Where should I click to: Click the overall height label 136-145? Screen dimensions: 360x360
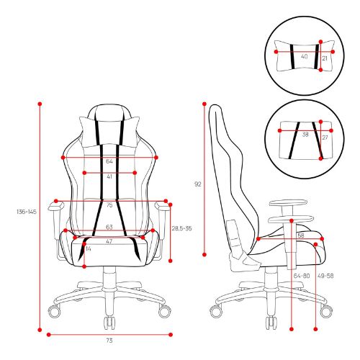tap(27, 212)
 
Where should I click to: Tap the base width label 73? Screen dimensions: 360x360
tap(109, 341)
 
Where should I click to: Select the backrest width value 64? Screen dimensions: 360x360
tap(109, 161)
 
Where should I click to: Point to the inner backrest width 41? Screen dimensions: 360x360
tap(109, 176)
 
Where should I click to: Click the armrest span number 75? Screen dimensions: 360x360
tap(109, 205)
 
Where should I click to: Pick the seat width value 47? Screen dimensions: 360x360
tap(109, 242)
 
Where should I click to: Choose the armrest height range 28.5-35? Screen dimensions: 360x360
tap(181, 228)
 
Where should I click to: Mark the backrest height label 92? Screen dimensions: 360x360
tap(197, 184)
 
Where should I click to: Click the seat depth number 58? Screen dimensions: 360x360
tap(301, 235)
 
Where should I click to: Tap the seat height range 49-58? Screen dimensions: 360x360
tap(325, 276)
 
